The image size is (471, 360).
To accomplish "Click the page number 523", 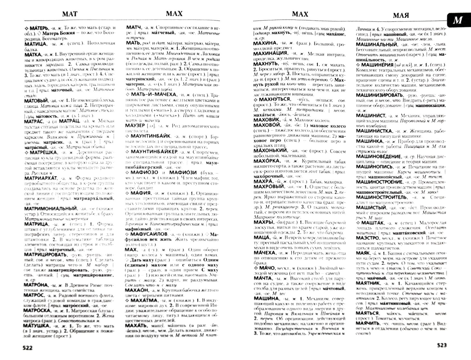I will click(x=442, y=345).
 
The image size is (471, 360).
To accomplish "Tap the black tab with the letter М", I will click(x=457, y=20).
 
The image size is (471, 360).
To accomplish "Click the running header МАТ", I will click(x=69, y=14).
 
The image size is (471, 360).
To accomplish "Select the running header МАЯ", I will click(x=401, y=15).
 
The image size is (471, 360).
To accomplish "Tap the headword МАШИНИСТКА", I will click(x=374, y=131).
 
